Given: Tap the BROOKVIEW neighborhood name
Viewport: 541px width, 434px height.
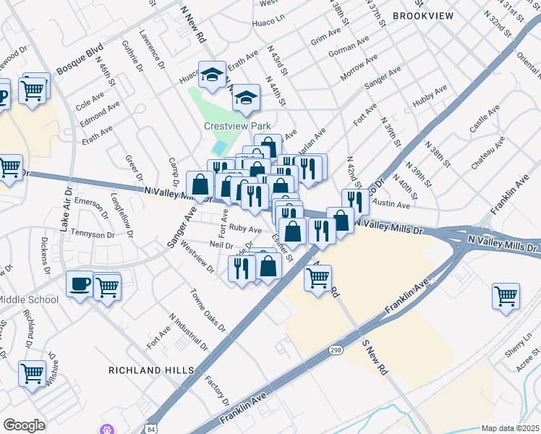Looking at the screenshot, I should [x=423, y=15].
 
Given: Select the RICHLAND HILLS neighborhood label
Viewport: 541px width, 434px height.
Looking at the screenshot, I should [x=151, y=370].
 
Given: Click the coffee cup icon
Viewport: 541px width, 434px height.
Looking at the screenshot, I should [x=80, y=284].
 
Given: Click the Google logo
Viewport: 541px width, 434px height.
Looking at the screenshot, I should [x=24, y=425].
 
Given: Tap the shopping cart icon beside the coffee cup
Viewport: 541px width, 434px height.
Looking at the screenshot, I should [x=107, y=286].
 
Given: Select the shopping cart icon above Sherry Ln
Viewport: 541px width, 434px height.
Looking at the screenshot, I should [x=506, y=295].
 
